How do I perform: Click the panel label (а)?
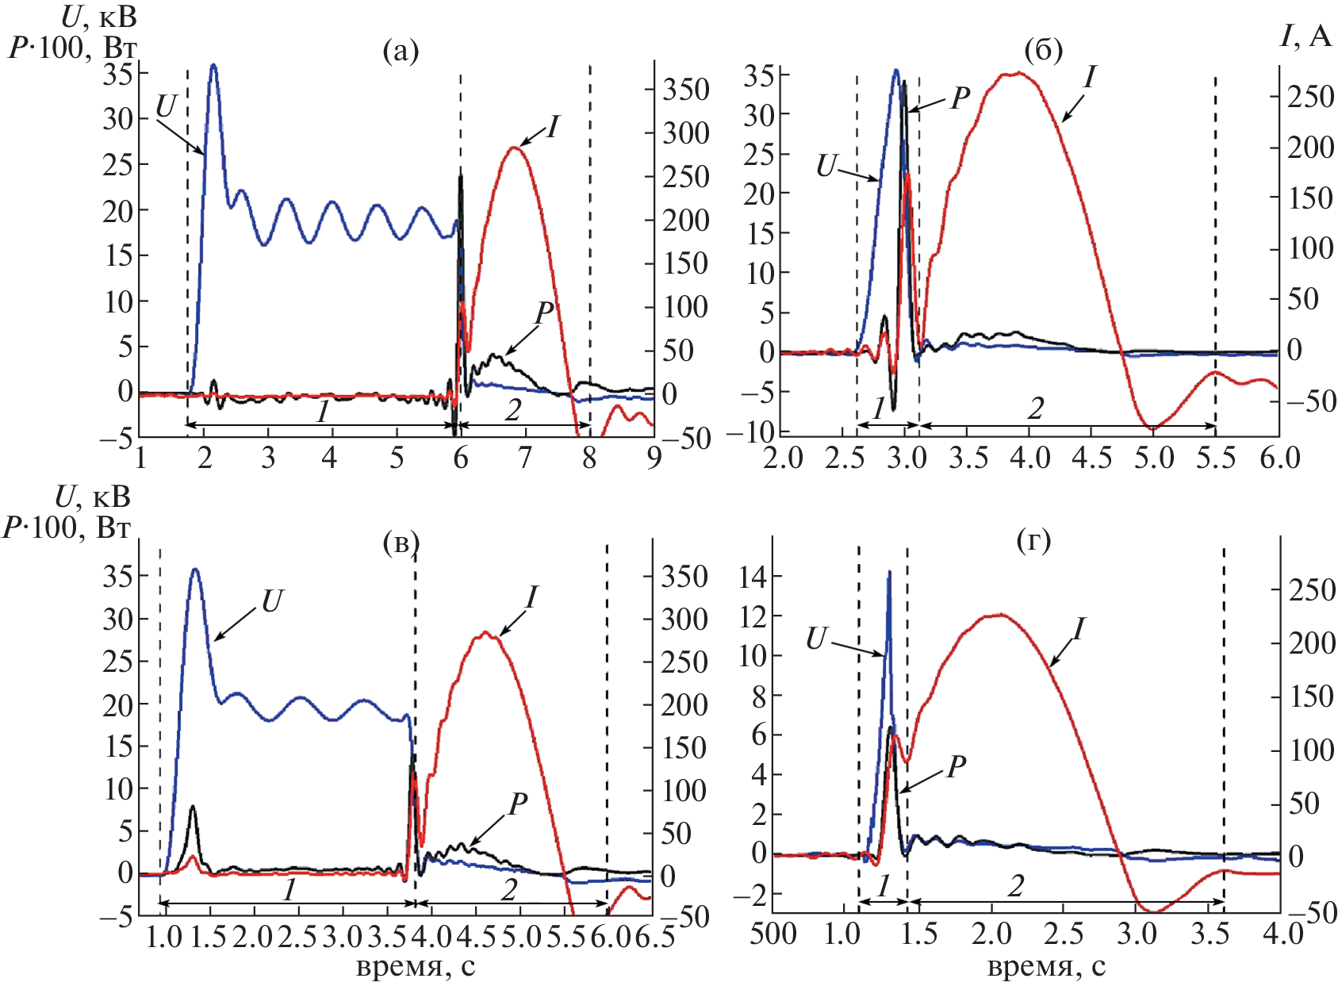click(400, 52)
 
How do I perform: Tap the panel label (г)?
click(1033, 542)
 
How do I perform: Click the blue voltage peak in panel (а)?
click(213, 66)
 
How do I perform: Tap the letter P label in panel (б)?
click(960, 98)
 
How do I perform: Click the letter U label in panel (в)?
click(271, 602)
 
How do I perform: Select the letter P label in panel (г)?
click(957, 767)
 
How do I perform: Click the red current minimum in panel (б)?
click(1153, 428)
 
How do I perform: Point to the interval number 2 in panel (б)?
click(1036, 409)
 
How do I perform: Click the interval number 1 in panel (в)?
click(289, 890)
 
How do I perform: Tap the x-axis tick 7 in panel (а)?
click(524, 458)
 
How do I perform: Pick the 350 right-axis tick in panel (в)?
click(684, 577)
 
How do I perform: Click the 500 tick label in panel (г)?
click(773, 934)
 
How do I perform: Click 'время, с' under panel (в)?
click(416, 967)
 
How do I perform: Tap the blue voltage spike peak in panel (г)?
click(889, 572)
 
